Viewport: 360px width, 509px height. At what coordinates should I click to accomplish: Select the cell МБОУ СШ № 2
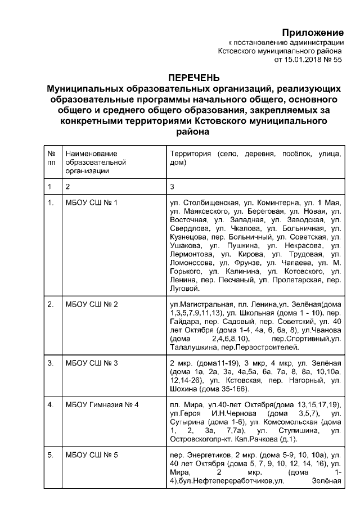91,305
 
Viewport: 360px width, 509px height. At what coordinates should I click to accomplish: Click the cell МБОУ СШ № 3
91,363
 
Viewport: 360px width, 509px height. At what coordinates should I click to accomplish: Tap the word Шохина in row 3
183,389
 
